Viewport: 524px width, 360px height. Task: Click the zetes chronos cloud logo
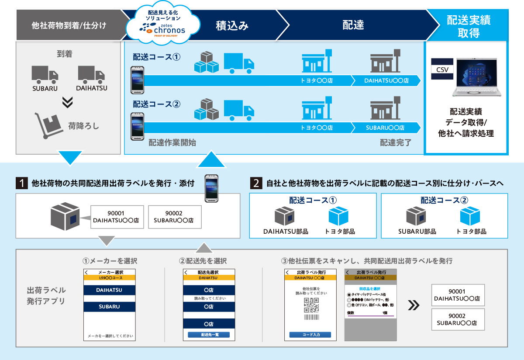click(162, 25)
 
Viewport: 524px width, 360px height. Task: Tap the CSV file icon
click(442, 69)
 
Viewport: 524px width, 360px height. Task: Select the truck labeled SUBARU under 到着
click(45, 74)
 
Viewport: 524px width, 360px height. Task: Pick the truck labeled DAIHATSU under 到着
click(91, 74)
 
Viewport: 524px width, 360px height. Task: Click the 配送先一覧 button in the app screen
click(209, 335)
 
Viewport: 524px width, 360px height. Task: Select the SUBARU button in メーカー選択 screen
click(109, 307)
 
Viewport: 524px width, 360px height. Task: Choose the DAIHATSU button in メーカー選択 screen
click(109, 290)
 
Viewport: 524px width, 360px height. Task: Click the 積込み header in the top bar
click(232, 25)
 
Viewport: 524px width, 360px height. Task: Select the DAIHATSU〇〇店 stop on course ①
click(386, 81)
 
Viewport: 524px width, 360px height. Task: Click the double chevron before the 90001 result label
click(413, 305)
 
